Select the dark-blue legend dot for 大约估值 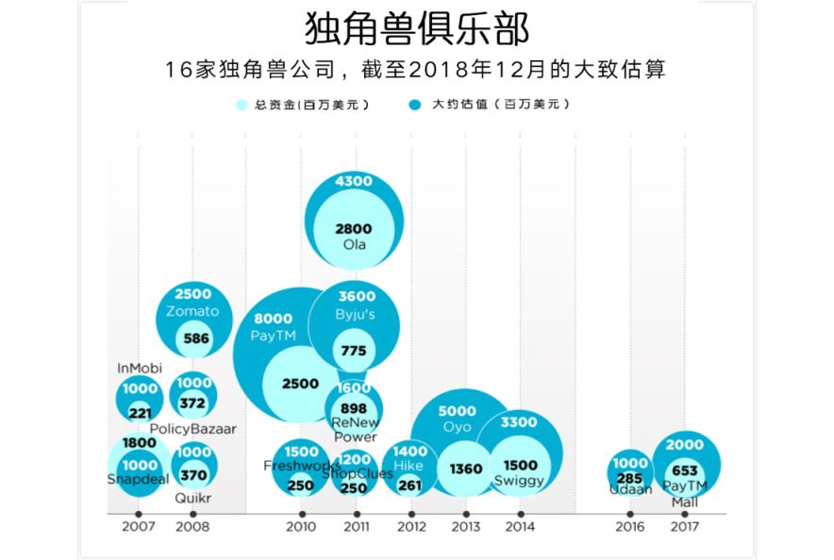414,105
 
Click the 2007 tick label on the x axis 139,527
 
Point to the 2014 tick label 520,527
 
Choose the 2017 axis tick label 684,527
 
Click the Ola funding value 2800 354,228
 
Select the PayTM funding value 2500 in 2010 301,384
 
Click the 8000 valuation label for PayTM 274,319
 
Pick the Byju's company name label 355,314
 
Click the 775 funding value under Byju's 354,351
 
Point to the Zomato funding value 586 196,338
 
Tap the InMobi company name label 140,369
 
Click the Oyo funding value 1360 466,469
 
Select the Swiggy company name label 520,481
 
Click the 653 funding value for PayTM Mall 685,470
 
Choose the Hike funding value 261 410,486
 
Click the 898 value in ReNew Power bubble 354,408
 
